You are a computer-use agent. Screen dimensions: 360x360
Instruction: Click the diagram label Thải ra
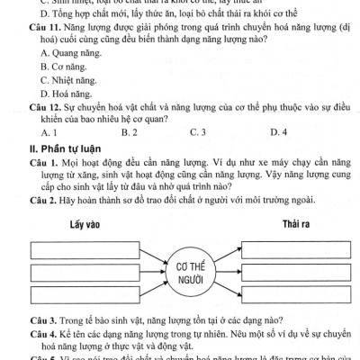(x=296, y=222)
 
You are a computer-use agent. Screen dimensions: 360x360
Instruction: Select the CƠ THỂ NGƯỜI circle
(x=188, y=273)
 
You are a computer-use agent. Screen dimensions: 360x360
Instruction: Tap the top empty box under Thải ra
(x=296, y=247)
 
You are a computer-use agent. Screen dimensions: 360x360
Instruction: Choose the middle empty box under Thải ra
(x=296, y=272)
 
